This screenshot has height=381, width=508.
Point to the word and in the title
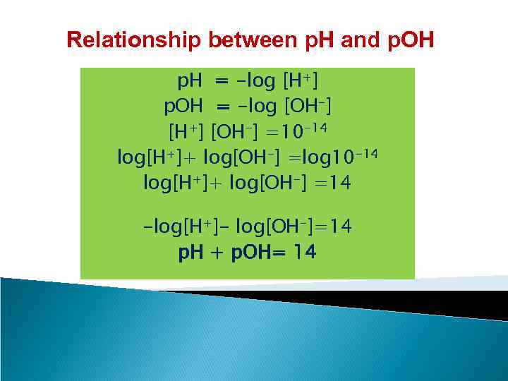pos(360,40)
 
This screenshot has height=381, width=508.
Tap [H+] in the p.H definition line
pos(303,85)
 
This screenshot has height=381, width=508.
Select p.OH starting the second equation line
pos(183,107)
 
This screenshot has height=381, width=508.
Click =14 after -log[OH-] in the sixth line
pos(332,226)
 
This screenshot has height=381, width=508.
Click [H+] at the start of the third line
pos(185,132)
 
